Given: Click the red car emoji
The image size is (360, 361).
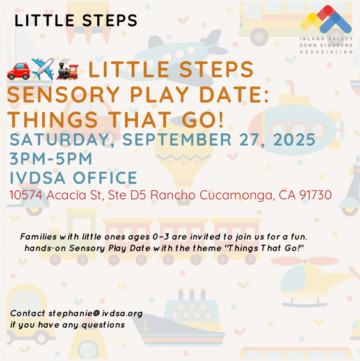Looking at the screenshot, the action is (x=19, y=71).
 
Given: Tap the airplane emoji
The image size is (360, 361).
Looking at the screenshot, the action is (x=43, y=69).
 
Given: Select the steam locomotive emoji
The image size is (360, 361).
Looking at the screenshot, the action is (x=67, y=69).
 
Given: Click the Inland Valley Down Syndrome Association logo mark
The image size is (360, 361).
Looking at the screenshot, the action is (x=326, y=19).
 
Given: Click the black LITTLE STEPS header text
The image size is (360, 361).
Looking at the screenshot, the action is (x=76, y=20).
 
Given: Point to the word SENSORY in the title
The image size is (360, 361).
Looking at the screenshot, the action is (x=63, y=94).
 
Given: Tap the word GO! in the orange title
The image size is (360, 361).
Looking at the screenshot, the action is (x=203, y=120).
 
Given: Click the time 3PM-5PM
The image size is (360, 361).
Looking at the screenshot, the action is (x=51, y=159).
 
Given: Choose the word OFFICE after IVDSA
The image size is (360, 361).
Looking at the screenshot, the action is (x=105, y=178).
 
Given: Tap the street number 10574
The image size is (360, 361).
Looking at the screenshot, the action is (x=26, y=195).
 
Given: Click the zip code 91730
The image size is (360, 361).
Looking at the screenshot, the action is (x=315, y=195).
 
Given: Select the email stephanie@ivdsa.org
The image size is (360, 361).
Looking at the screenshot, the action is (x=95, y=314).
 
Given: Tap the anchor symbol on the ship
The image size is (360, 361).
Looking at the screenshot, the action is (x=145, y=325).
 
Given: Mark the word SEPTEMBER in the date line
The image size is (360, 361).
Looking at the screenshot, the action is (x=176, y=140).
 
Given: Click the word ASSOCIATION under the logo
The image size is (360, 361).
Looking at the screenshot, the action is (x=326, y=52).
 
